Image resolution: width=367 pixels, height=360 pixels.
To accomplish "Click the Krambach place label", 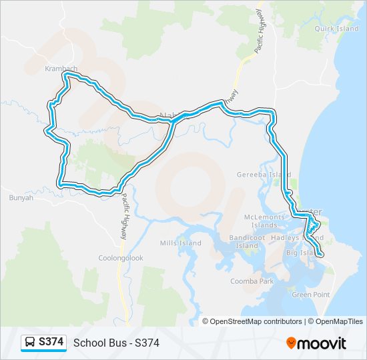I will (61, 69).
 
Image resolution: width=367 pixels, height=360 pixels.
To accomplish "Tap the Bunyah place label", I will (21, 197).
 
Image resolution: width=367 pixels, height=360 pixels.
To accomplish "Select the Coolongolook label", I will (121, 258).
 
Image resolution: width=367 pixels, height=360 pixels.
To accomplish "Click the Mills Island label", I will (180, 243).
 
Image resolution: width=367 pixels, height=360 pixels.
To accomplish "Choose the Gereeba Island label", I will (264, 175).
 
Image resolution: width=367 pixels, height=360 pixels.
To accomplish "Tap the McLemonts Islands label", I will (264, 221).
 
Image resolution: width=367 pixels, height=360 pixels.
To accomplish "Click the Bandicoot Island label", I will (247, 241).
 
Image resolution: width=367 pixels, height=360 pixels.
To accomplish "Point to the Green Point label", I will (311, 294).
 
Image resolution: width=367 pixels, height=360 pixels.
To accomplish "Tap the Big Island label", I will (300, 253).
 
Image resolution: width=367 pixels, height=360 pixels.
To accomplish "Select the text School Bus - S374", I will (116, 343).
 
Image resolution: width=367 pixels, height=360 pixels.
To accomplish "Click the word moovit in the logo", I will (323, 343).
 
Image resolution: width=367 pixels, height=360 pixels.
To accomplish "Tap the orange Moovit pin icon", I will (292, 343).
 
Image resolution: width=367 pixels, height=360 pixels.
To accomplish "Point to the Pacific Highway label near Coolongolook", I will (124, 217).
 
